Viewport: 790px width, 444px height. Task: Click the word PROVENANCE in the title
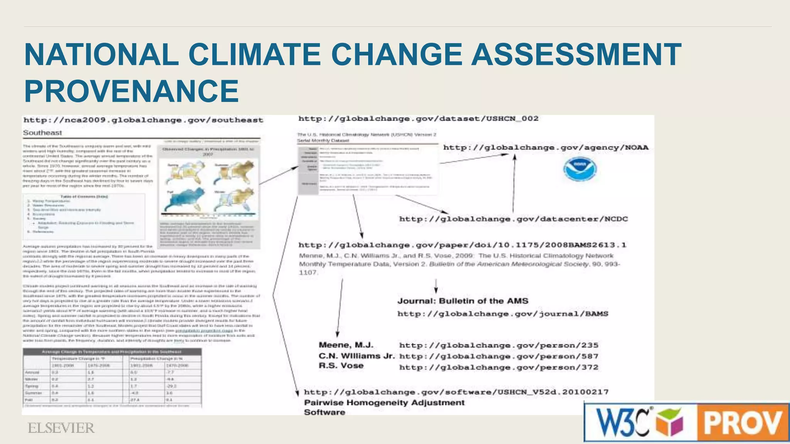coord(132,91)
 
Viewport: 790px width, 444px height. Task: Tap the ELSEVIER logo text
coord(61,428)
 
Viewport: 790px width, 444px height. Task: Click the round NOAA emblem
coord(579,169)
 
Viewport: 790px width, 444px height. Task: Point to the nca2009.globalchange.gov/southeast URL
coord(143,120)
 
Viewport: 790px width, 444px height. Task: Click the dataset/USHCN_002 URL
coord(418,119)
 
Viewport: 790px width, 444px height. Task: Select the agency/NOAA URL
coord(546,148)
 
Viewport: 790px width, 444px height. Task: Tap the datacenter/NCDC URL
coord(513,219)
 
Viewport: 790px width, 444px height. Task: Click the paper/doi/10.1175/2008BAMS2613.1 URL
coord(462,245)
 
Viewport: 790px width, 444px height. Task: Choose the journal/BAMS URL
coord(503,314)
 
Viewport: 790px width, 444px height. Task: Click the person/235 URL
coord(498,345)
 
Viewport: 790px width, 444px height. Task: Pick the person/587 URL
coord(498,357)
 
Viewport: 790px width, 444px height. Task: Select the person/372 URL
coord(498,367)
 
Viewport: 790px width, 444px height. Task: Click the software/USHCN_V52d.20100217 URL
coord(456,392)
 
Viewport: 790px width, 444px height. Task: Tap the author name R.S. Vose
coord(341,366)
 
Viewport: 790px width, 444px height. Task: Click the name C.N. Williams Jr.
coord(356,356)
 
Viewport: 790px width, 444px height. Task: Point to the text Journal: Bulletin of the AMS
coord(463,301)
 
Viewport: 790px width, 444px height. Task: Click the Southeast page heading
coord(42,133)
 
